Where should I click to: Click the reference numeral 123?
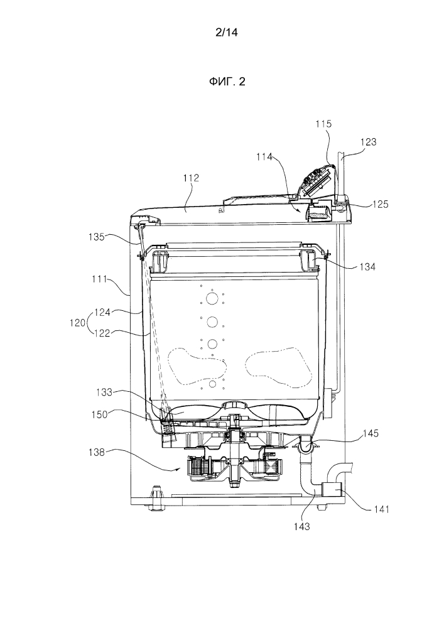click(369, 142)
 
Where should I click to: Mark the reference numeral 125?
click(379, 203)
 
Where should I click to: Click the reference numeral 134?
click(369, 266)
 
